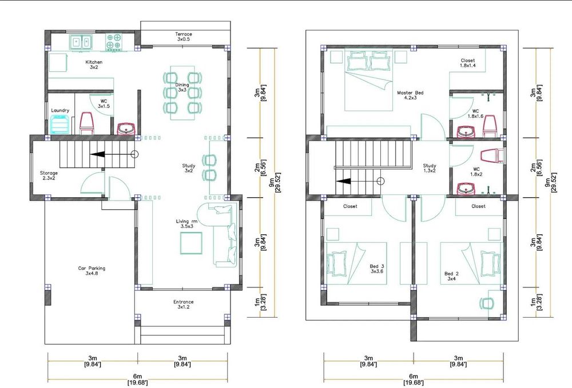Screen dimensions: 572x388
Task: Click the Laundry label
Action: coord(60,110)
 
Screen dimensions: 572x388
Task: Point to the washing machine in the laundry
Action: coord(59,124)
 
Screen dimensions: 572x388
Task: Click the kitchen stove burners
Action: coord(113,42)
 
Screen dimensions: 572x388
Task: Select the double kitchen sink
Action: coord(81,42)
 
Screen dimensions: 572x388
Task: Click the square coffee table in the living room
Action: coord(191,243)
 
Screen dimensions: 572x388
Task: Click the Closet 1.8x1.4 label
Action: coord(468,63)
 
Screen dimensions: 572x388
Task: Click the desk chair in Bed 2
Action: coord(486,303)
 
